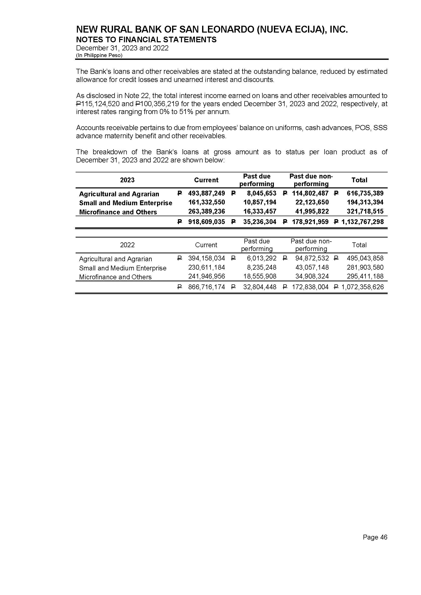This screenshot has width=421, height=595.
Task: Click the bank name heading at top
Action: [x=212, y=30]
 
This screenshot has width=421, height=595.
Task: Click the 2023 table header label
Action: [x=127, y=180]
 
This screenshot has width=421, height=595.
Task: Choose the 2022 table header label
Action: [x=127, y=245]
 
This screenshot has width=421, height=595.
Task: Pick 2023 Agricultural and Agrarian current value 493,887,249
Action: [x=206, y=193]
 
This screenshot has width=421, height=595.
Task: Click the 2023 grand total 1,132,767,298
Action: [x=362, y=222]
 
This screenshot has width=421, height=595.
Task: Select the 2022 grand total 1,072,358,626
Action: [x=362, y=287]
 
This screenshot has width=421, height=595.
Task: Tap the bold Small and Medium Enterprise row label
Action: [x=125, y=203]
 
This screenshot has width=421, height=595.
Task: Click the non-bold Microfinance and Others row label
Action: [x=115, y=277]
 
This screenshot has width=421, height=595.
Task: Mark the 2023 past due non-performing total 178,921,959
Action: [x=310, y=222]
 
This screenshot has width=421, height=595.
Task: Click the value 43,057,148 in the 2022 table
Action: [x=312, y=267]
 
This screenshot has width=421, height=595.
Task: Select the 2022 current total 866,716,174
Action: [x=206, y=287]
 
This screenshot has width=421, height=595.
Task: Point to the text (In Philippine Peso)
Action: [x=99, y=55]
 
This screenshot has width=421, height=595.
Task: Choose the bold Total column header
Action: [x=359, y=180]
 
